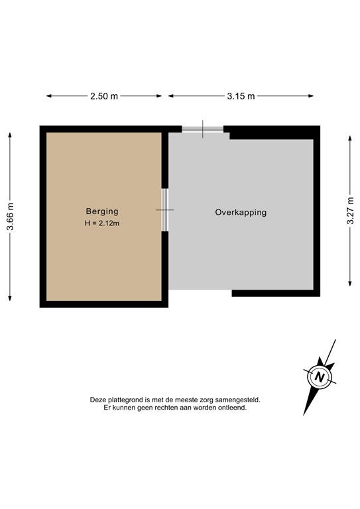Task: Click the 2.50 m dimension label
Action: (x=104, y=96)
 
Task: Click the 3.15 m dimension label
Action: (x=241, y=96)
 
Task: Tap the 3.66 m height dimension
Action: (x=11, y=216)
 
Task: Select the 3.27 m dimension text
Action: (x=350, y=210)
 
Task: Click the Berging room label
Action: (x=102, y=211)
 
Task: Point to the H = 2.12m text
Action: (x=102, y=223)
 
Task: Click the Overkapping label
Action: (x=241, y=212)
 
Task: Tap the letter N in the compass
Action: (x=320, y=377)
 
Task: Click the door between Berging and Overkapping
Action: (x=165, y=209)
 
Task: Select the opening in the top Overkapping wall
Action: (x=203, y=129)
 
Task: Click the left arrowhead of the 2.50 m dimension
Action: (x=49, y=95)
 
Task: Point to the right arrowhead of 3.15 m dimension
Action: (x=311, y=95)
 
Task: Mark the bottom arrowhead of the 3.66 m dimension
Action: (x=10, y=298)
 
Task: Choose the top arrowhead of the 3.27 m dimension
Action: (x=350, y=139)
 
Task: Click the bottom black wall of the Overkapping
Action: (x=276, y=293)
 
